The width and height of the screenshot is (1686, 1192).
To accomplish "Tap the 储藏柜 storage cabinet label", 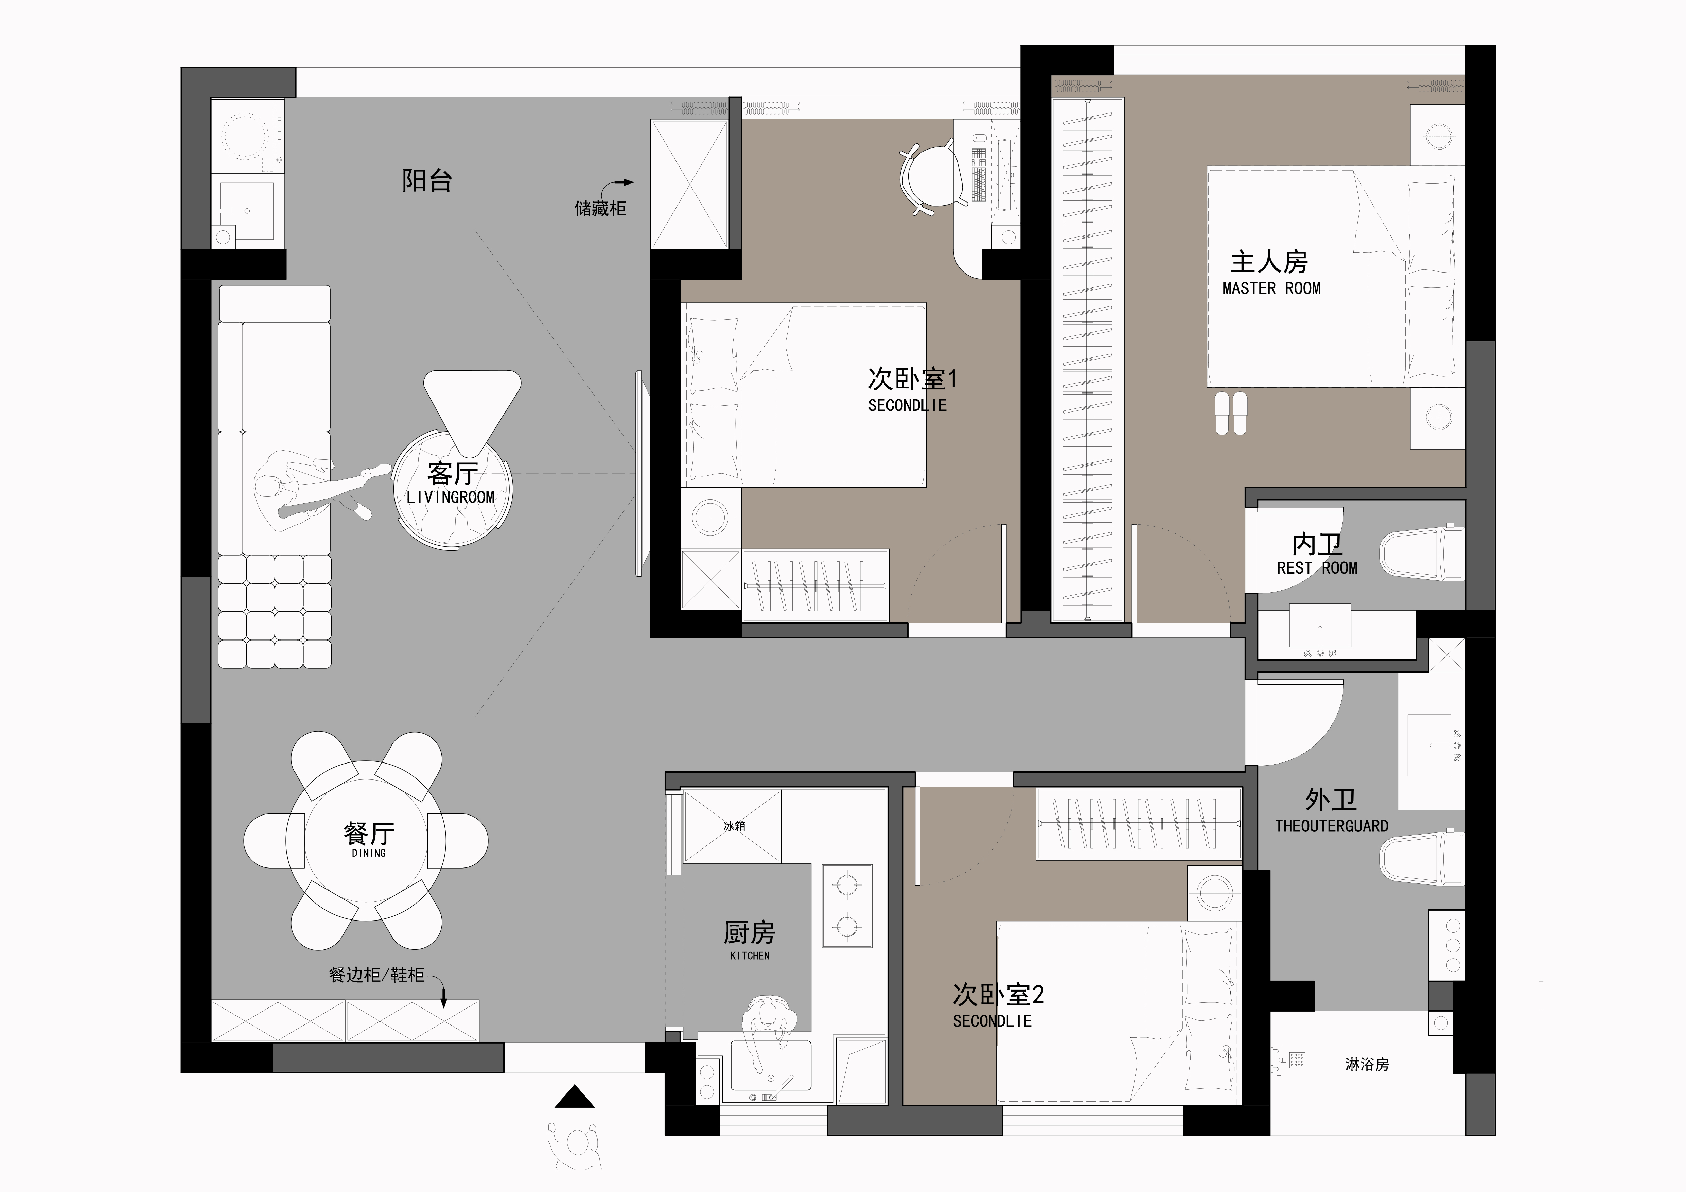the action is [600, 209].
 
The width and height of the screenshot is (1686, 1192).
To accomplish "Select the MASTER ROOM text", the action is [1271, 288].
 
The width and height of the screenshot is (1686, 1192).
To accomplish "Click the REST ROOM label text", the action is [1317, 568].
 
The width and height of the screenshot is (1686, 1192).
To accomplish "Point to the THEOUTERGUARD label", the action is [1331, 826].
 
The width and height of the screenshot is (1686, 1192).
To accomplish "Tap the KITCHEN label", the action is [750, 956].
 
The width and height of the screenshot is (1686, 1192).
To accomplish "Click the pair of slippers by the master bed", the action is [1231, 414].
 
